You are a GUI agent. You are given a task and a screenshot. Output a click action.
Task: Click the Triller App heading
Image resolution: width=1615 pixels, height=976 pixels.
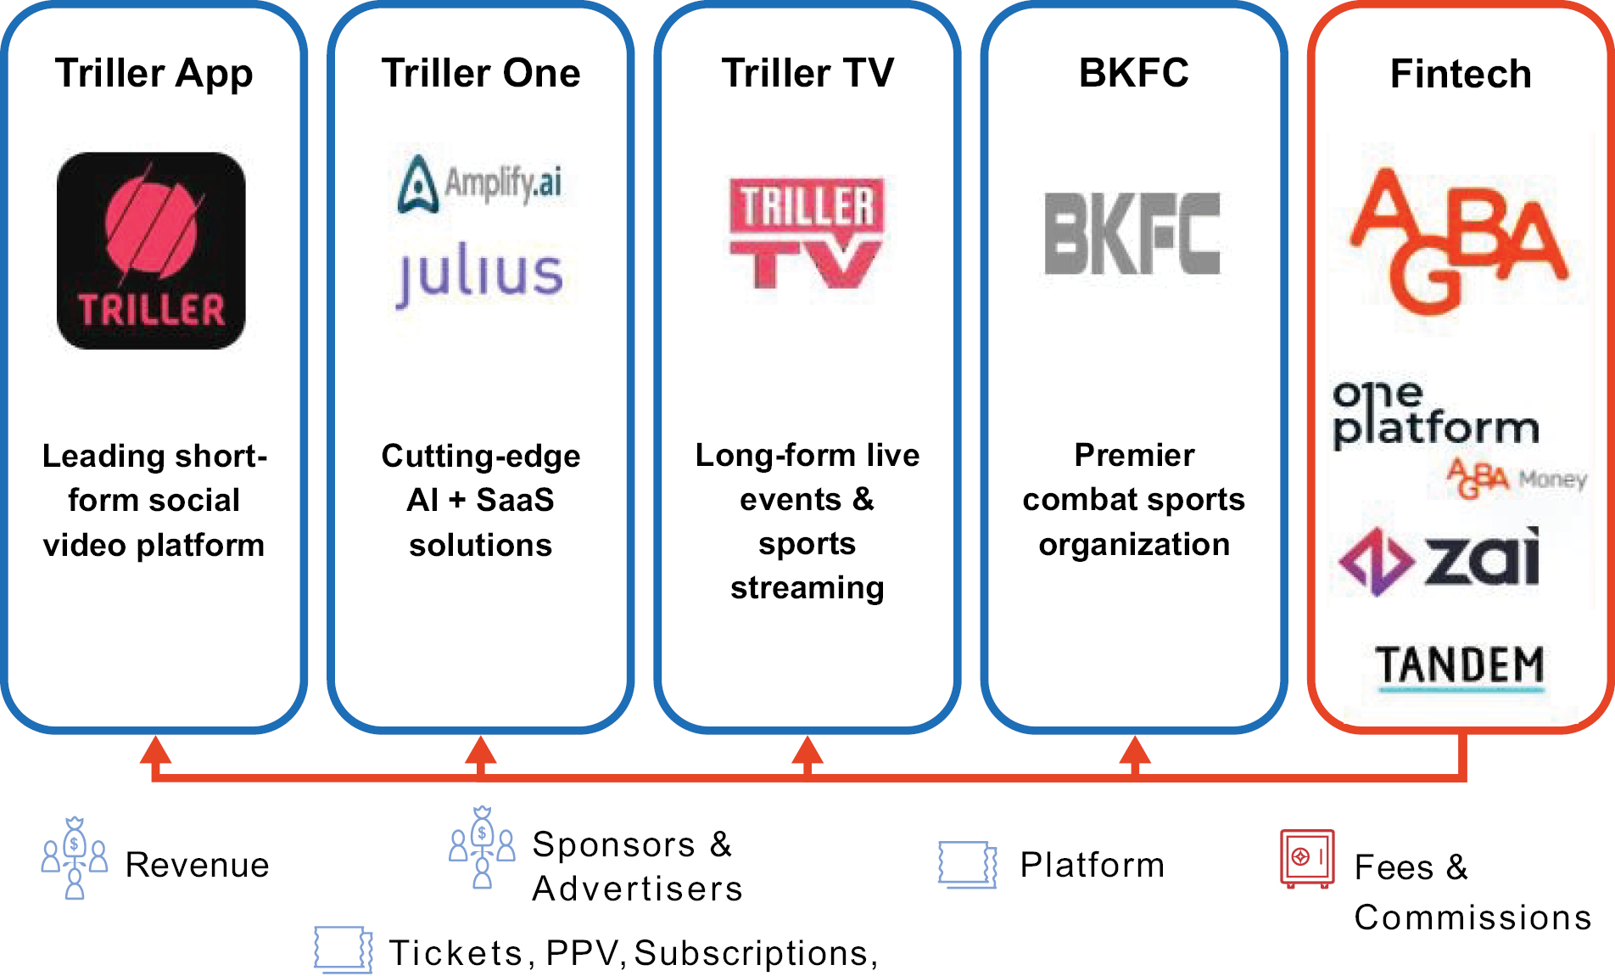click(x=154, y=73)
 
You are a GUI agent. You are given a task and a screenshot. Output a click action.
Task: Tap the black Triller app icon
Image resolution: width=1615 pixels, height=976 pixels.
click(x=151, y=250)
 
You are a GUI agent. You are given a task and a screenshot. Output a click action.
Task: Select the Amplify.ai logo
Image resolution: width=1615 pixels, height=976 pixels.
click(x=480, y=182)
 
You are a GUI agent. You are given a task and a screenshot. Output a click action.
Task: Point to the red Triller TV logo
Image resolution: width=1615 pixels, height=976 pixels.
click(x=807, y=233)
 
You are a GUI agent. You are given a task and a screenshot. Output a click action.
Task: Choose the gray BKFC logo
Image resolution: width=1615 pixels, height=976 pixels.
click(x=1132, y=233)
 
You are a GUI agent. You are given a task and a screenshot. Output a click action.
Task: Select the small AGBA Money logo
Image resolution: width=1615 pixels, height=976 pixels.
click(x=1517, y=479)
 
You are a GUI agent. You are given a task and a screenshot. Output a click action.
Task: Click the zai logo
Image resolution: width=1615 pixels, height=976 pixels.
click(x=1439, y=560)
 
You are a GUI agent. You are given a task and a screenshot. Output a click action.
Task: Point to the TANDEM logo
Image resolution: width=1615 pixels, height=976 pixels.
click(x=1460, y=666)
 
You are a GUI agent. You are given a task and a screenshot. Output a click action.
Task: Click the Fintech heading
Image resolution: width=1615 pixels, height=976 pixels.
click(x=1461, y=74)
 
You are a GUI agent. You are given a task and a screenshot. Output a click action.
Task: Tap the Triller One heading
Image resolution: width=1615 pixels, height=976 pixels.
click(x=481, y=73)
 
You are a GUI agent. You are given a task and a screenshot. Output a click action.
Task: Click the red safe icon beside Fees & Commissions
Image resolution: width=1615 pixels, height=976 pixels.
click(x=1307, y=859)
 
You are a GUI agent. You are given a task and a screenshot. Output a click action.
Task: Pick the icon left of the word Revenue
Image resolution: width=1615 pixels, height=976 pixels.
click(x=75, y=858)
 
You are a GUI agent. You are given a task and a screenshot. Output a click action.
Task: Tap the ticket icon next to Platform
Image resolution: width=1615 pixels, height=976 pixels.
click(x=968, y=865)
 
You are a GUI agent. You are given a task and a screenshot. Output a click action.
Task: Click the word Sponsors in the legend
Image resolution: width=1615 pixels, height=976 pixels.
click(x=613, y=844)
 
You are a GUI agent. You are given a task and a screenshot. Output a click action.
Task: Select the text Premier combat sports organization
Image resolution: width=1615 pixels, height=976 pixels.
click(x=1134, y=499)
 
